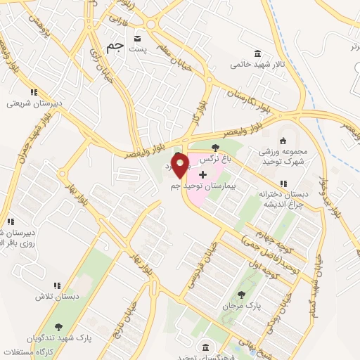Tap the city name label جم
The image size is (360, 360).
pos(114,47)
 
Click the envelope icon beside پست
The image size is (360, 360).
pos(138,37)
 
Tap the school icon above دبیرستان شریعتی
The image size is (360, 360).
pos(33,92)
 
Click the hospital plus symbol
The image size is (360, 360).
pos(203,173)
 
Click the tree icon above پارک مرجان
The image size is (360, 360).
pos(241,295)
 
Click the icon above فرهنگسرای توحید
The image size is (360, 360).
pos(205,347)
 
